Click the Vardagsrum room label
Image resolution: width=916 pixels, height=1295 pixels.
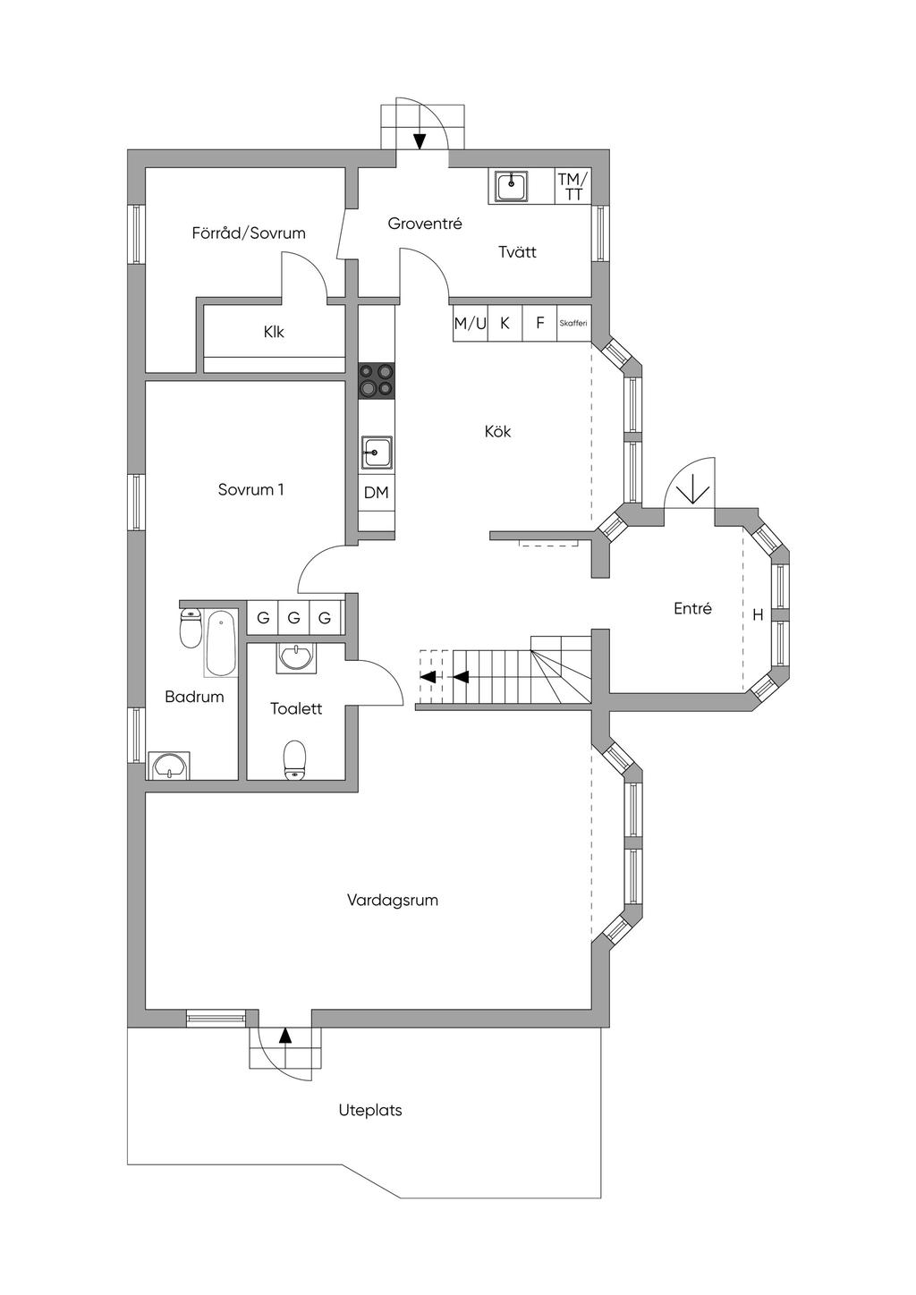[392, 900]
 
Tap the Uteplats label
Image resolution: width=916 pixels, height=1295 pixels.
[369, 1110]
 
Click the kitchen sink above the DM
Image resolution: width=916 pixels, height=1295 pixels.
[377, 453]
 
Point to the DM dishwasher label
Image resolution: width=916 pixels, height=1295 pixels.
[377, 493]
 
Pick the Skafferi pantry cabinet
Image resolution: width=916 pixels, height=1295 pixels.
[572, 323]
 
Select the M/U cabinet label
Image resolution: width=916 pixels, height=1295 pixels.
[471, 323]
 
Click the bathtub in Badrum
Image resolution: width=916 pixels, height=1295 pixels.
[220, 643]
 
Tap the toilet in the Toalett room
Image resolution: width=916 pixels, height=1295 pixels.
[294, 760]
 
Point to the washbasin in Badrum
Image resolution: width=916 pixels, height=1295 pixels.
[169, 766]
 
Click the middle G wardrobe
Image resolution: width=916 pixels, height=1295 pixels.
[293, 618]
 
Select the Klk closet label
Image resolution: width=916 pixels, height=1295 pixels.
[274, 332]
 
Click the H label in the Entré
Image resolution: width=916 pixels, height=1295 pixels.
[758, 615]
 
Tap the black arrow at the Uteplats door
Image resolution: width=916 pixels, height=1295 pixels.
[285, 1036]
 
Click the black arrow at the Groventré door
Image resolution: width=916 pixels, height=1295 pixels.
[420, 140]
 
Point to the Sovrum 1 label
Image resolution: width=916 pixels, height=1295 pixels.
[250, 489]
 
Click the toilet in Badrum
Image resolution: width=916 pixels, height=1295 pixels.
[190, 628]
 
